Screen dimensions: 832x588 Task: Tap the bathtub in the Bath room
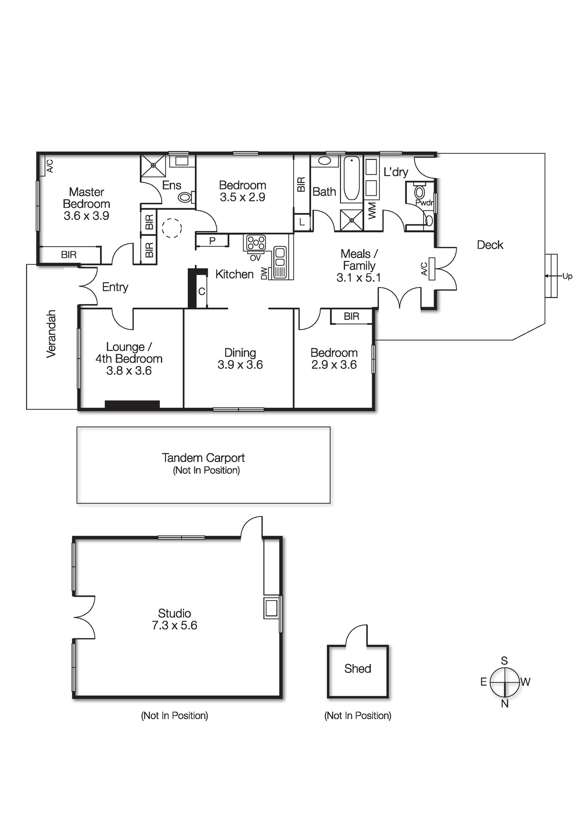coord(351,178)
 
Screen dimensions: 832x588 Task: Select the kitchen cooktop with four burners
coord(256,243)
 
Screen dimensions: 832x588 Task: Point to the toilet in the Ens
coord(186,196)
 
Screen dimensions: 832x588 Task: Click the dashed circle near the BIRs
coord(172,228)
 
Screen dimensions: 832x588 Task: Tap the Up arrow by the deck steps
coord(555,276)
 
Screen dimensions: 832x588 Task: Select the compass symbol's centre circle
coord(505,682)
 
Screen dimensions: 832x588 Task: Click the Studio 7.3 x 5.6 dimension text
coord(174,626)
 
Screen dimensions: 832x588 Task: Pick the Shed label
coord(358,669)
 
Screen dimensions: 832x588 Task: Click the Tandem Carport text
coord(203,458)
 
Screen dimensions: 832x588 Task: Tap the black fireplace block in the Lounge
coord(132,405)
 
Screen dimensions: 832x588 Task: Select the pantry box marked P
coord(212,241)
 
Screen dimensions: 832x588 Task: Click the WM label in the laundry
coord(372,210)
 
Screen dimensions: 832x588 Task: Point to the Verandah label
coord(51,333)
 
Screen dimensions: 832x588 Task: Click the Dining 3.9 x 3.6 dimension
coord(240,365)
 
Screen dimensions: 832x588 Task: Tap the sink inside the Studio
coord(272,608)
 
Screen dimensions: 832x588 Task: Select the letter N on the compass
coord(505,704)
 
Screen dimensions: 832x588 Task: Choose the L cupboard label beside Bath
coord(302,222)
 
